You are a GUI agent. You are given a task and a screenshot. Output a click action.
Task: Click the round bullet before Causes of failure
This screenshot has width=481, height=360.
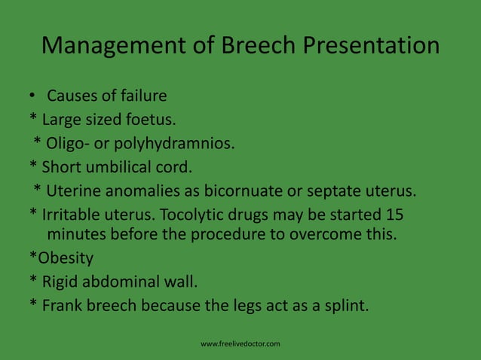click(x=33, y=96)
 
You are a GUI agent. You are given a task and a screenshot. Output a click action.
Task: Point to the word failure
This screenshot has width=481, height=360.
click(x=141, y=96)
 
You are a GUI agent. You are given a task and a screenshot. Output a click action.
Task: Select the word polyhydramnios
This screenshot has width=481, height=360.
click(x=176, y=143)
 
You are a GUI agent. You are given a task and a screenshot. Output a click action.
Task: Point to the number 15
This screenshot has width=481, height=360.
click(x=394, y=213)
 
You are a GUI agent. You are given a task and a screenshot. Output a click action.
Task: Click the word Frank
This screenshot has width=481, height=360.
click(x=63, y=307)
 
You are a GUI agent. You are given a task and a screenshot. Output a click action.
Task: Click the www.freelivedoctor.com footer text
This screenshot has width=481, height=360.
click(x=240, y=344)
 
